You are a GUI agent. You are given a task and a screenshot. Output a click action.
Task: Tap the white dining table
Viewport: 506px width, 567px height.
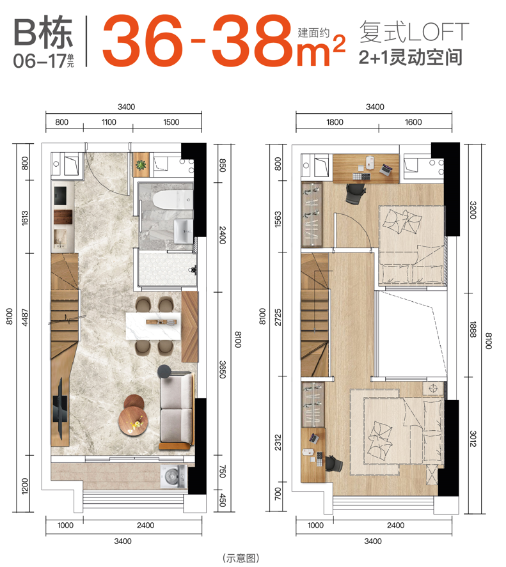pos(153,326)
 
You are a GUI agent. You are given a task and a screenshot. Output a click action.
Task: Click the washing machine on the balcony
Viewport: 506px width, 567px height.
pos(174,477)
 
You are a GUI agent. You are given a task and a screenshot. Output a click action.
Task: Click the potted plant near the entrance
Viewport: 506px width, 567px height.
pos(141,165)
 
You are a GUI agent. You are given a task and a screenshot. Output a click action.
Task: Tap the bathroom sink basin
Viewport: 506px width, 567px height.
pos(184,231)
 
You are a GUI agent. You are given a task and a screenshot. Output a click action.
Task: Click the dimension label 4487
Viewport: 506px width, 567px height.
pos(25,317)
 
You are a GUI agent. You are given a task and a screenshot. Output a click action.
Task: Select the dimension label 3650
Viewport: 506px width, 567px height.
pos(223,369)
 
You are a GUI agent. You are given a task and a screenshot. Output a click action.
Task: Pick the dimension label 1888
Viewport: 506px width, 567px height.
pos(473,329)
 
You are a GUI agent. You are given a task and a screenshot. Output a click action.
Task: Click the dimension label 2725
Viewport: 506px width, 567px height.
pos(278,317)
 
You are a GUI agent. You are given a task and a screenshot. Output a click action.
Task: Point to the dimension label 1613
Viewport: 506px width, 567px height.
pos(25,219)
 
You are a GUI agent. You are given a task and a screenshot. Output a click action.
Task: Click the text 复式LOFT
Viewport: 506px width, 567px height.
pos(414,32)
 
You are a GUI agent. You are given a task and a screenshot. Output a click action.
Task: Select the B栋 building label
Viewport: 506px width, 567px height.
pos(43,32)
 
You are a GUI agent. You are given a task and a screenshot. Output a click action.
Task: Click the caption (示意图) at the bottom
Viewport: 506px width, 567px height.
pos(241,557)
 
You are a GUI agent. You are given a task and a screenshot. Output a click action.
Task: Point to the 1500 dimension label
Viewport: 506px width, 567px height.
pos(171,122)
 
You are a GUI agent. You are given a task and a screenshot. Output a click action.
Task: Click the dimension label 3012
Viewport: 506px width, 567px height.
pos(473,439)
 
